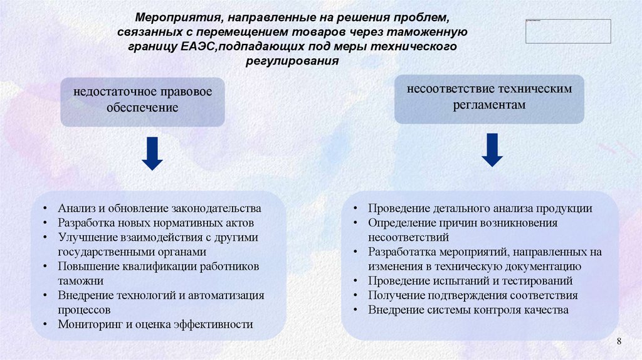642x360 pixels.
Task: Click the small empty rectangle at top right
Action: coord(568,31)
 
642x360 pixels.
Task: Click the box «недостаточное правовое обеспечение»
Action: coord(142,100)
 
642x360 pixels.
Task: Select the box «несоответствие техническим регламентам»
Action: coord(489,97)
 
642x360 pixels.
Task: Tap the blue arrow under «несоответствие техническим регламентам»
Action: coord(492,150)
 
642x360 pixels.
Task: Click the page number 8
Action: coord(619,341)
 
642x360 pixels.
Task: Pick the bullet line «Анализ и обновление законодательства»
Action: coord(160,208)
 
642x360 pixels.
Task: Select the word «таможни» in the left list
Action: coord(81,281)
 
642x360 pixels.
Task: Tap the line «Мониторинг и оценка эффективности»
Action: coord(155,324)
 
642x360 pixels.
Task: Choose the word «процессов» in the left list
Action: coord(85,310)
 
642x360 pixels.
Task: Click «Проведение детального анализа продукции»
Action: coord(480,209)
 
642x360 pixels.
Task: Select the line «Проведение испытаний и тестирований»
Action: coord(470,281)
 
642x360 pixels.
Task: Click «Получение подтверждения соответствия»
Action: coord(473,295)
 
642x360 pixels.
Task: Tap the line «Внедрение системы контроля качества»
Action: coord(468,310)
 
